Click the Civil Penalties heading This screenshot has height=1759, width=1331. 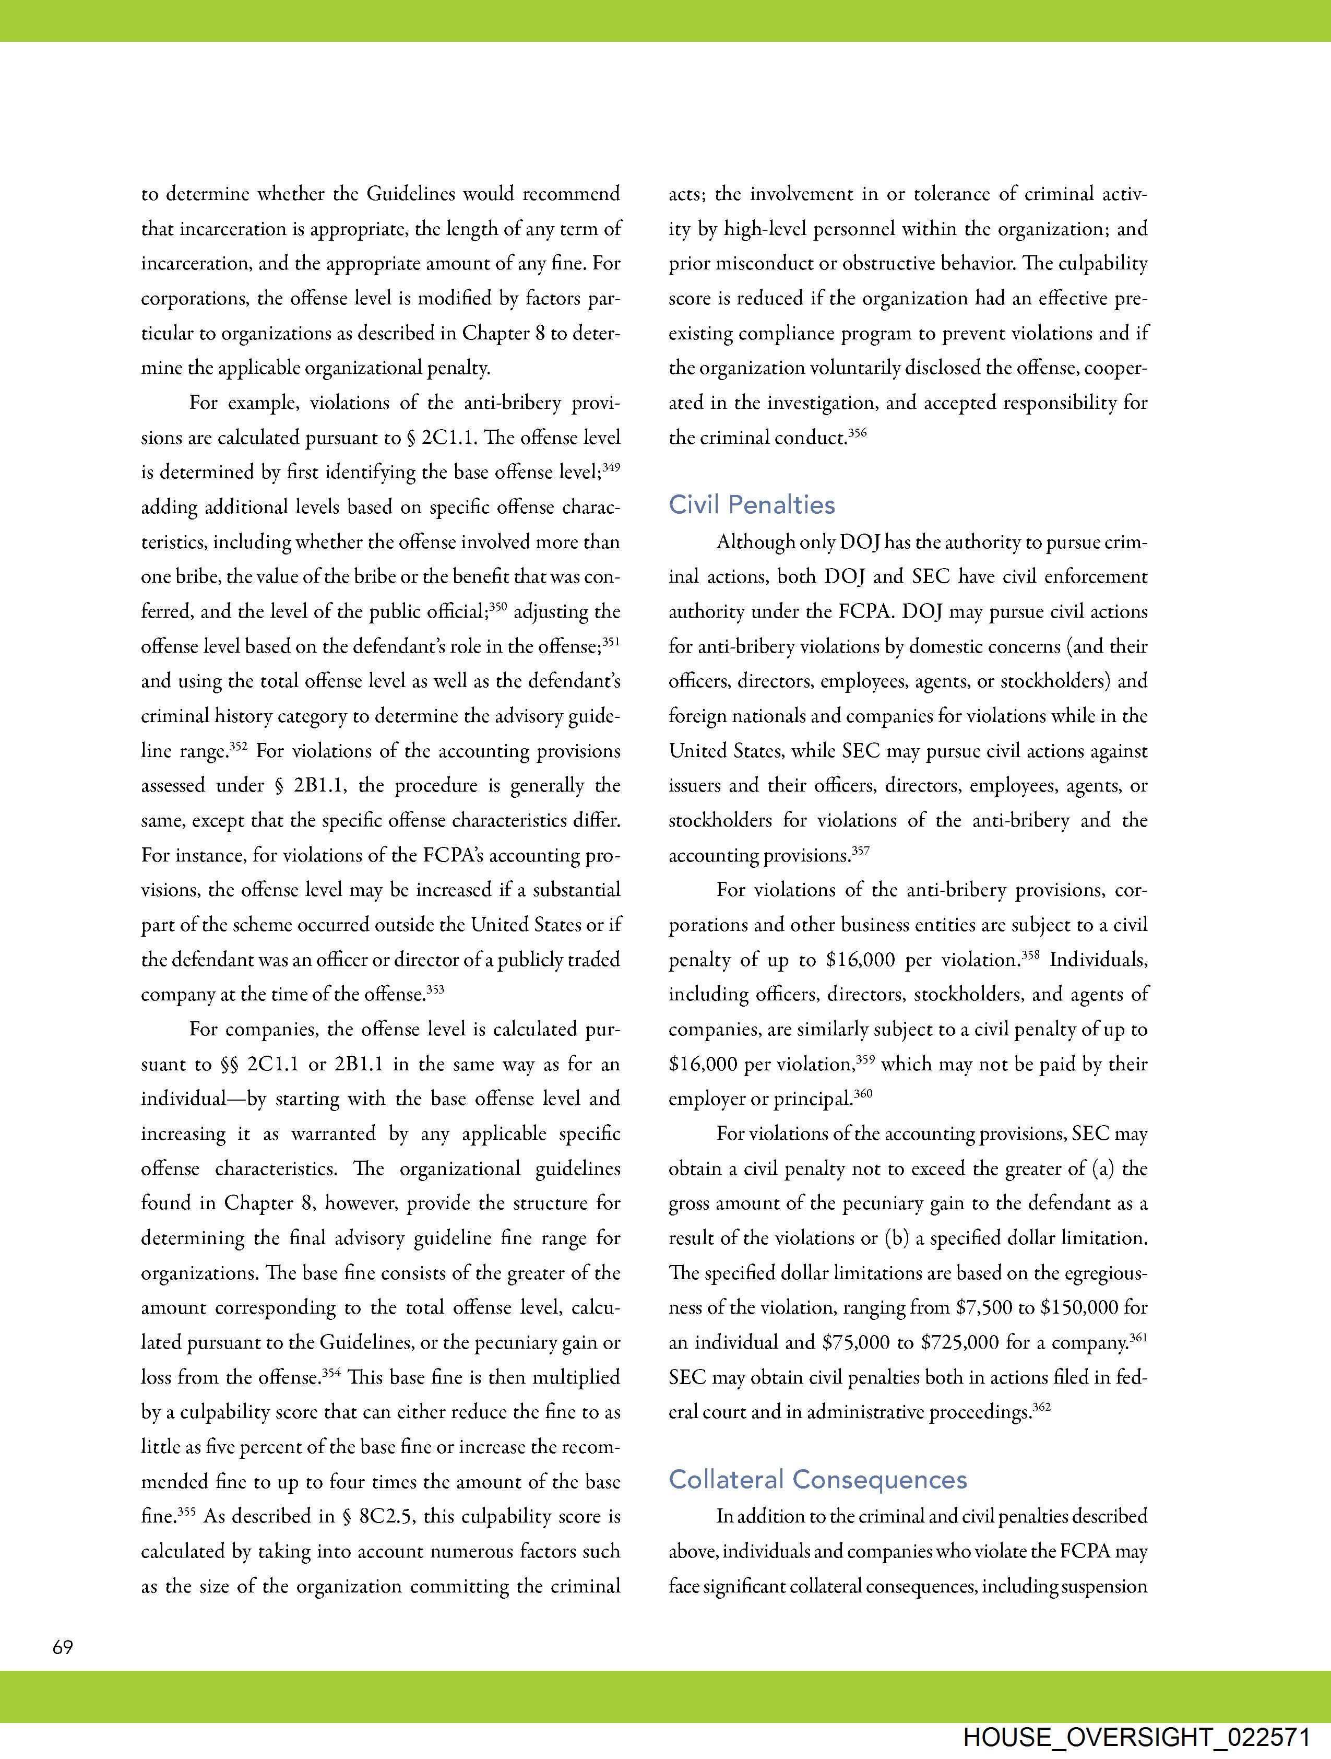tap(752, 505)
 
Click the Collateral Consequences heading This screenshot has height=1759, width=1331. tap(817, 1480)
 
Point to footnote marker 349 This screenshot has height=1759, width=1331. tap(611, 468)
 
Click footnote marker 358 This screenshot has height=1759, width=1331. tap(1030, 955)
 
